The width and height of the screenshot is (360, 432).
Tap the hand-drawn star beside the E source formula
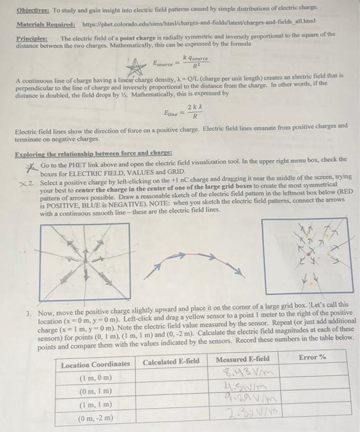pyautogui.click(x=133, y=62)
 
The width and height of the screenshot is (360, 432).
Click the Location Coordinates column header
pyautogui.click(x=96, y=365)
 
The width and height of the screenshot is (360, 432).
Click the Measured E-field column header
pyautogui.click(x=243, y=359)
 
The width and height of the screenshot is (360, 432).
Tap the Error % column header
pyautogui.click(x=311, y=358)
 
